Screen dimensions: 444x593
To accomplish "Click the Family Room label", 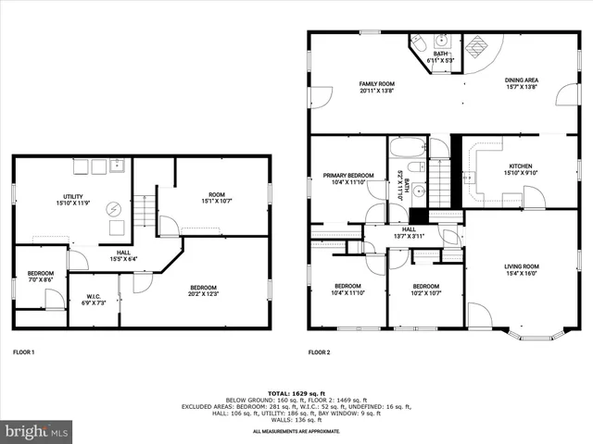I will pyautogui.click(x=376, y=83).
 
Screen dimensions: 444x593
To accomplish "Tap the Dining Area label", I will pyautogui.click(x=522, y=80).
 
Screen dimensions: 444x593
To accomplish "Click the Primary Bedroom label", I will pyautogui.click(x=348, y=175).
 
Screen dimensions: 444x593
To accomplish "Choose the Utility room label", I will pyautogui.click(x=74, y=196).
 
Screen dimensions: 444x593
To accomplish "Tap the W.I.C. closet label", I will pyautogui.click(x=94, y=297).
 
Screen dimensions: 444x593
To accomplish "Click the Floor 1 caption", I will pyautogui.click(x=23, y=352).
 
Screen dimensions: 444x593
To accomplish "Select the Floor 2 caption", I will pyautogui.click(x=319, y=352).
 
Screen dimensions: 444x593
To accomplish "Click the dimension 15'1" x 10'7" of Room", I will pyautogui.click(x=212, y=200).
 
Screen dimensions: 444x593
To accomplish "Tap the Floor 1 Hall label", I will pyautogui.click(x=122, y=252).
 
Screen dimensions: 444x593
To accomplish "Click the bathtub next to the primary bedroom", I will pyautogui.click(x=406, y=148).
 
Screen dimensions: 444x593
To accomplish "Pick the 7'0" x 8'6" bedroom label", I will pyautogui.click(x=40, y=277).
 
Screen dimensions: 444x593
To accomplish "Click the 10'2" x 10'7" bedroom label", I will pyautogui.click(x=425, y=290).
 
